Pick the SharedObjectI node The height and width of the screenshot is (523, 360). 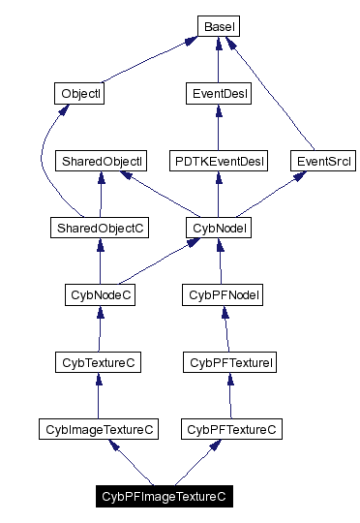point(101,161)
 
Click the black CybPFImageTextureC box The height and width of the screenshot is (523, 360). point(164,496)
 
